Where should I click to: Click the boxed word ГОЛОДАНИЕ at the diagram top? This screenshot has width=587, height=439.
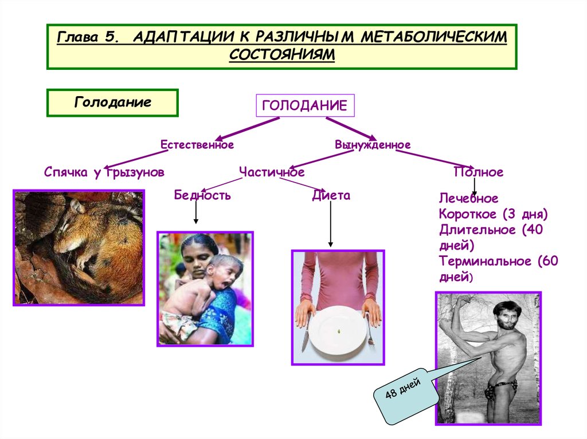304,105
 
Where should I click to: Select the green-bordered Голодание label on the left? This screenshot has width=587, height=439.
112,103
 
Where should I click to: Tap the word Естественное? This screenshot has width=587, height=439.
197,145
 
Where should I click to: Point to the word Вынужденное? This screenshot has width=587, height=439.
373,145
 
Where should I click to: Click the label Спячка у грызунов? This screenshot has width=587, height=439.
104,172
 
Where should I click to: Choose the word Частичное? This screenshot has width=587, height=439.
272,172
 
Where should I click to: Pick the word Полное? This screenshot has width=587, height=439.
478,172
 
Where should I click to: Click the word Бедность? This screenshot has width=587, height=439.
202,196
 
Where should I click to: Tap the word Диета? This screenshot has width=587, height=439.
331,196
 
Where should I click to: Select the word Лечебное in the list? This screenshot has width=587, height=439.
469,199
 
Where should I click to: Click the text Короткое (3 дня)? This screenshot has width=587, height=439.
494,215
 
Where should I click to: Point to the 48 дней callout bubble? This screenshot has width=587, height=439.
405,396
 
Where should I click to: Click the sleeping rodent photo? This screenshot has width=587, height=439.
79,247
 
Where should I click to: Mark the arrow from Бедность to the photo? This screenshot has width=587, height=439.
196,213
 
